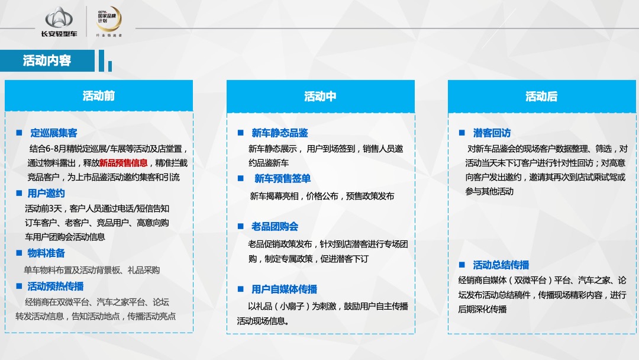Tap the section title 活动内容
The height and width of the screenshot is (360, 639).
click(x=47, y=61)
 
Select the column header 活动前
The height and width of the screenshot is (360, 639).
click(x=99, y=96)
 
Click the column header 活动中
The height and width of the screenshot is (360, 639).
click(x=320, y=97)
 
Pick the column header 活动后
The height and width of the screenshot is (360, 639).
click(x=541, y=97)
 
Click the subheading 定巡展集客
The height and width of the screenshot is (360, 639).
click(x=54, y=133)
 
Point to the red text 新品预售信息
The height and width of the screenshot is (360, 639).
click(x=124, y=163)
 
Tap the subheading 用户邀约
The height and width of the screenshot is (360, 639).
click(x=46, y=193)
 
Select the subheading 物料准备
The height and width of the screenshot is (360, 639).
click(x=46, y=253)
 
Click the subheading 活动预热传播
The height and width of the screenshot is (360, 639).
click(x=56, y=286)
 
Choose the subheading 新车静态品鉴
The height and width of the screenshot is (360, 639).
click(x=279, y=133)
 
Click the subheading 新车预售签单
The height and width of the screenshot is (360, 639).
click(x=282, y=179)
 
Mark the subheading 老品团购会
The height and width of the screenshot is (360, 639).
click(x=275, y=227)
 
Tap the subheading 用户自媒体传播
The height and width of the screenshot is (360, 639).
click(x=284, y=290)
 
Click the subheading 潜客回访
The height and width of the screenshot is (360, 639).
click(x=492, y=133)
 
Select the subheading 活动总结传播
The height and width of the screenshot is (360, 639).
click(x=501, y=265)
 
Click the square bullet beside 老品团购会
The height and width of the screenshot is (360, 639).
click(x=240, y=226)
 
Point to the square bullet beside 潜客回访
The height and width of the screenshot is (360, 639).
click(x=461, y=133)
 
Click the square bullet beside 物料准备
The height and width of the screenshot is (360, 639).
click(x=19, y=253)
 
